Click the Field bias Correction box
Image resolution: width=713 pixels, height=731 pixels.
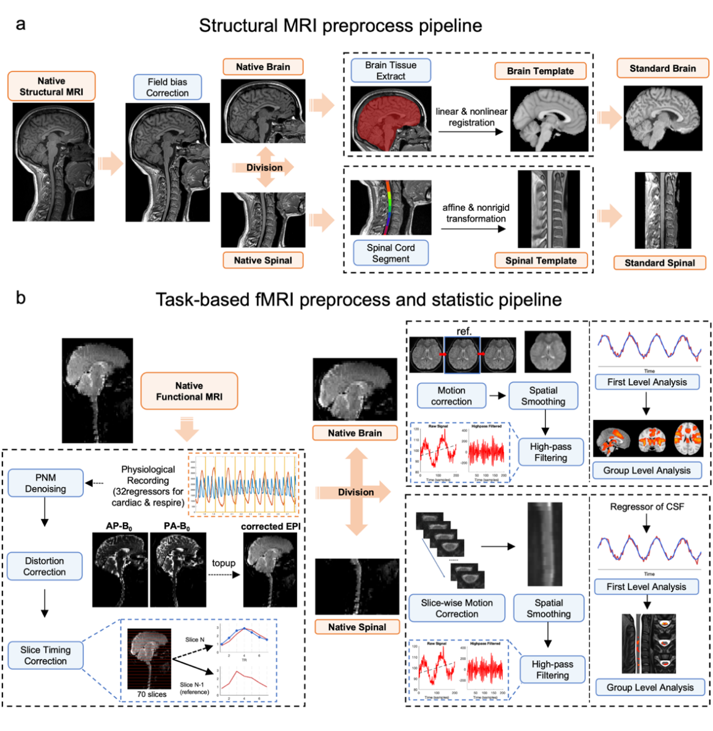point(167,87)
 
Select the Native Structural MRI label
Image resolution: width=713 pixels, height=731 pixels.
point(51,86)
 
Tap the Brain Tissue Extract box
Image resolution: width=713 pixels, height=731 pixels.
point(391,70)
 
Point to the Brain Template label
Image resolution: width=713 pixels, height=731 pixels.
point(540,71)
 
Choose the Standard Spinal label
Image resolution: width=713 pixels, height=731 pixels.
point(659,263)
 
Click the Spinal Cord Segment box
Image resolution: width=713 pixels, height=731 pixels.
point(391,253)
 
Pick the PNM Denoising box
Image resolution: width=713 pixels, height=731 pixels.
point(45,483)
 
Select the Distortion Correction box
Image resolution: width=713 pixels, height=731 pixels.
point(45,566)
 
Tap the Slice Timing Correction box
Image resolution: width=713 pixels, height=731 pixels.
point(45,655)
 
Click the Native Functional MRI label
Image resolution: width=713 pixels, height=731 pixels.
point(189,391)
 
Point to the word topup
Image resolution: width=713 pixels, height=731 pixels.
point(223,563)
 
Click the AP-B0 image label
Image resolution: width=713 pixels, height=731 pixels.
point(119,526)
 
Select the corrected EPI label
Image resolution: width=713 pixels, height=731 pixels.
point(270,526)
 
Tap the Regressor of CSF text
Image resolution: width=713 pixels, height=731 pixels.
point(647,507)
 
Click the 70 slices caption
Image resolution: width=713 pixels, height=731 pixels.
point(152,694)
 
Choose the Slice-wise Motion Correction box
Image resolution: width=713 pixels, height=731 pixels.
point(457,608)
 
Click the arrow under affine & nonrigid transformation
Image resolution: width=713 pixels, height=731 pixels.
point(473,229)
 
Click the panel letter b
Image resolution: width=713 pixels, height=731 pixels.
point(21,298)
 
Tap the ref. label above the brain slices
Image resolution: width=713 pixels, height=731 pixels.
point(464,331)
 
